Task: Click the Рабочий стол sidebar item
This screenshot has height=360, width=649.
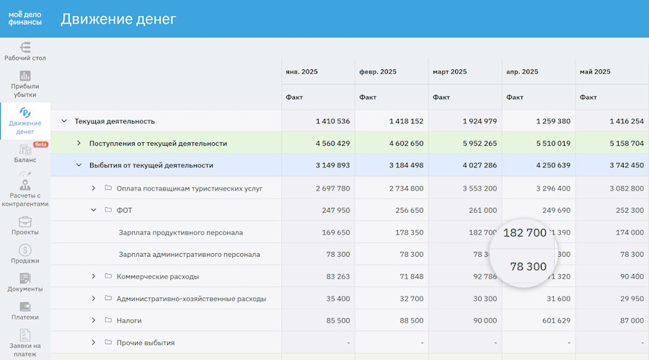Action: click(x=25, y=51)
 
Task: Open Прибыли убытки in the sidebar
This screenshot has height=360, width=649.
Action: click(x=25, y=84)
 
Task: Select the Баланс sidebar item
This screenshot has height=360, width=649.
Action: click(x=25, y=153)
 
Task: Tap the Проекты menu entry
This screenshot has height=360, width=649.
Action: click(x=25, y=226)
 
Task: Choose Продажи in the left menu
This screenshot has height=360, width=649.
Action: click(x=25, y=254)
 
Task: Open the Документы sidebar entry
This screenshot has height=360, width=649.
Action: click(x=25, y=282)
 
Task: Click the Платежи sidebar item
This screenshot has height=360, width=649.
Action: click(x=25, y=310)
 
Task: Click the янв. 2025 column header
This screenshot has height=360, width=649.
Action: click(x=301, y=71)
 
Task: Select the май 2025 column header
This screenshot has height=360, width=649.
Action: click(x=595, y=71)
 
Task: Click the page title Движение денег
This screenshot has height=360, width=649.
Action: click(x=118, y=19)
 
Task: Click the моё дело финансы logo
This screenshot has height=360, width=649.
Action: click(x=25, y=18)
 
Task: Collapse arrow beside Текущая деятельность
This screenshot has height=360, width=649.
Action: click(x=64, y=121)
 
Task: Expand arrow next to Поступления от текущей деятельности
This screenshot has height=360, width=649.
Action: click(x=79, y=144)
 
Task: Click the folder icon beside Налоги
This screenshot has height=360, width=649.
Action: click(x=108, y=320)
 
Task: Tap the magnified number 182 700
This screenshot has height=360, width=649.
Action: click(x=524, y=233)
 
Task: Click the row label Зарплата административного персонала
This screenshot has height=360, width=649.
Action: click(x=189, y=255)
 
